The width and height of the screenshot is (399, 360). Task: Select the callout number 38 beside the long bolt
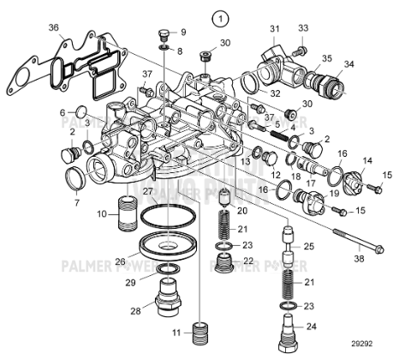[x=358, y=257]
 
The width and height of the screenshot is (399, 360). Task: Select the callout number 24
[x=311, y=326]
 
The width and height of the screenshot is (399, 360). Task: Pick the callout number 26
[x=121, y=262]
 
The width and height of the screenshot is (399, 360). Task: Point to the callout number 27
[x=147, y=191]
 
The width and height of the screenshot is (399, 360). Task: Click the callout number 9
[x=182, y=32]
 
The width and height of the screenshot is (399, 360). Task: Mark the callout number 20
[x=242, y=211]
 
